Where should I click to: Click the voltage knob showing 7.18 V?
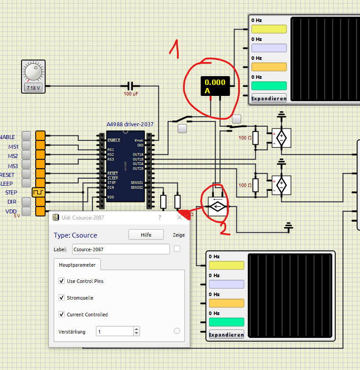click(33, 72)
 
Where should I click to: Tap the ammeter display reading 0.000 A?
click(215, 86)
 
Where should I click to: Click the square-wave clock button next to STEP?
click(38, 192)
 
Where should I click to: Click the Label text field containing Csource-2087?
click(121, 249)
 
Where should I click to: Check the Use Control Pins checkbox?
click(62, 281)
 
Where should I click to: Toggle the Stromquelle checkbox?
click(62, 298)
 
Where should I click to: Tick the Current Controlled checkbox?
click(62, 315)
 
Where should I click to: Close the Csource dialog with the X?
click(180, 217)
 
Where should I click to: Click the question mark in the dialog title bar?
click(160, 217)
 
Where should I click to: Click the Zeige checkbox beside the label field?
click(177, 249)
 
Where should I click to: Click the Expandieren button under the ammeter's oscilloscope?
click(268, 98)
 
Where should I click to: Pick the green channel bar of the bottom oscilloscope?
click(226, 322)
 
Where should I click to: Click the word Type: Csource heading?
click(75, 235)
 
